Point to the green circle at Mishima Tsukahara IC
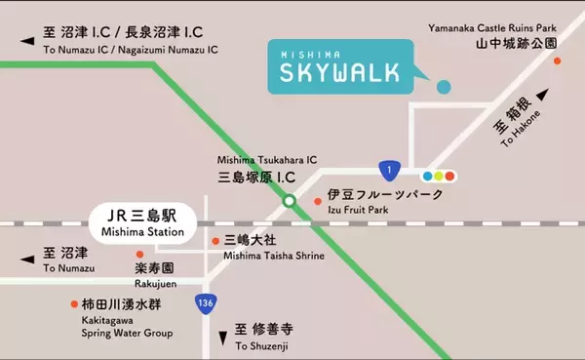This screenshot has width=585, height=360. click(289, 202)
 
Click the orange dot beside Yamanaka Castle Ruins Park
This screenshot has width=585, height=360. click(558, 60)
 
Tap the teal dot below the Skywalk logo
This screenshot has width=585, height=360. click(444, 86)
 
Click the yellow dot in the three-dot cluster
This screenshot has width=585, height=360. click(439, 177)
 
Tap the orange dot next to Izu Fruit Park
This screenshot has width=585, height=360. click(317, 202)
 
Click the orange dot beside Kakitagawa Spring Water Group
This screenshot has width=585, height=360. click(75, 303)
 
